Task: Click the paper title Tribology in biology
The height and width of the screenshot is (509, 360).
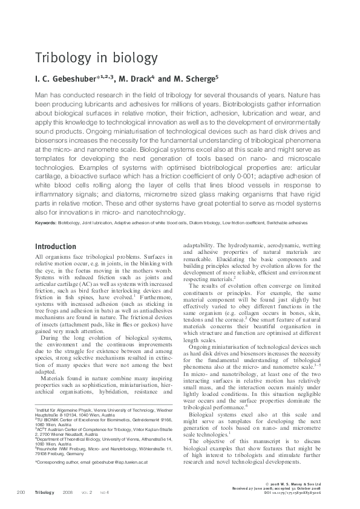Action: pos(87,58)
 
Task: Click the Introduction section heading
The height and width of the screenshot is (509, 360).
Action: pos(55,247)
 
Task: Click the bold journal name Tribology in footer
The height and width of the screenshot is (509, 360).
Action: pos(45,493)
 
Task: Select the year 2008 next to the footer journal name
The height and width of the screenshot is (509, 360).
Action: pos(68,493)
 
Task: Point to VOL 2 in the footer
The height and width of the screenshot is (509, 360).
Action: pos(87,493)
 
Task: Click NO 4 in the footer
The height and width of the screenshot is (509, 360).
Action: pos(104,493)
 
